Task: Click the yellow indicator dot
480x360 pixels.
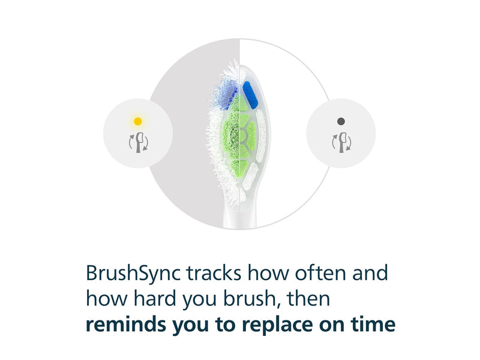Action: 138,121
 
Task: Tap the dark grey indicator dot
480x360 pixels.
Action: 341,121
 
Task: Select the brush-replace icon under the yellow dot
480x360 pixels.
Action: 139,142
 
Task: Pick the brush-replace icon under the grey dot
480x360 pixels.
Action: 341,142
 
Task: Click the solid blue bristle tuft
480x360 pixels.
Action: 250,95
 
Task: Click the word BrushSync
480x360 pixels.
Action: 133,274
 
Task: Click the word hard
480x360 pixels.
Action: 155,298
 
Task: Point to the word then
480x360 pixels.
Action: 308,298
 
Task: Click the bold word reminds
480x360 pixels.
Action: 126,324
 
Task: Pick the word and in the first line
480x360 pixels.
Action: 370,272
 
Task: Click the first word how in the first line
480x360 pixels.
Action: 268,272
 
